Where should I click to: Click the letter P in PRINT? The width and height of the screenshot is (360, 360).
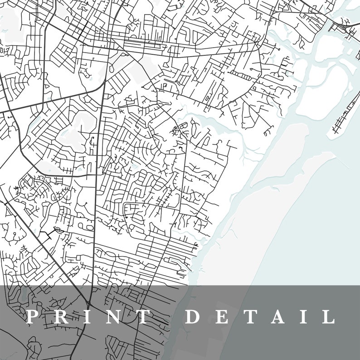coord(31,316)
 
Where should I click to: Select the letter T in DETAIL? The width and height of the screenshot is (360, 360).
coord(250,316)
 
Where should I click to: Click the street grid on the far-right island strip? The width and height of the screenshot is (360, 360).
coord(345,116)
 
